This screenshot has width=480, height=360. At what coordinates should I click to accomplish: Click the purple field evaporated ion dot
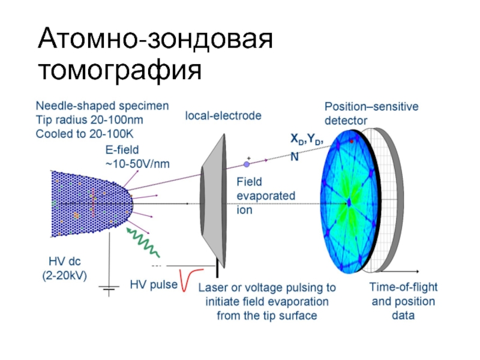tap(247, 164)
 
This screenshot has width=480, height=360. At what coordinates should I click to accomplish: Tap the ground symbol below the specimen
tap(109, 290)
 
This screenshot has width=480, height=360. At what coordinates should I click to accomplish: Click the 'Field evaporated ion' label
tap(257, 195)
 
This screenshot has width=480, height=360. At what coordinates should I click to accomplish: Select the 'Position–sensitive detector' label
tap(371, 113)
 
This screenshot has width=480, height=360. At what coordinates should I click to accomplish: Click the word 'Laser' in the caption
tap(214, 287)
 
